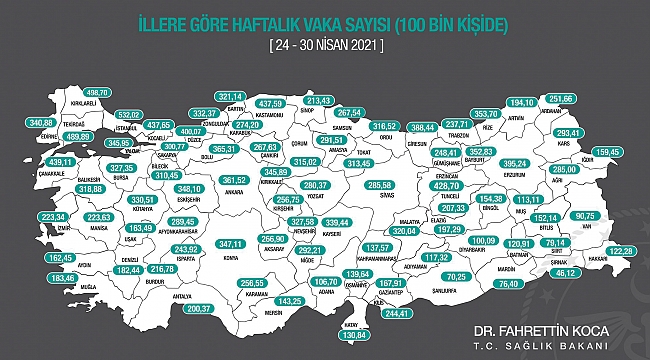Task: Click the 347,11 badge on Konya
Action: [231, 243]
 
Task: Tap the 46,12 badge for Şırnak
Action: [567, 271]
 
